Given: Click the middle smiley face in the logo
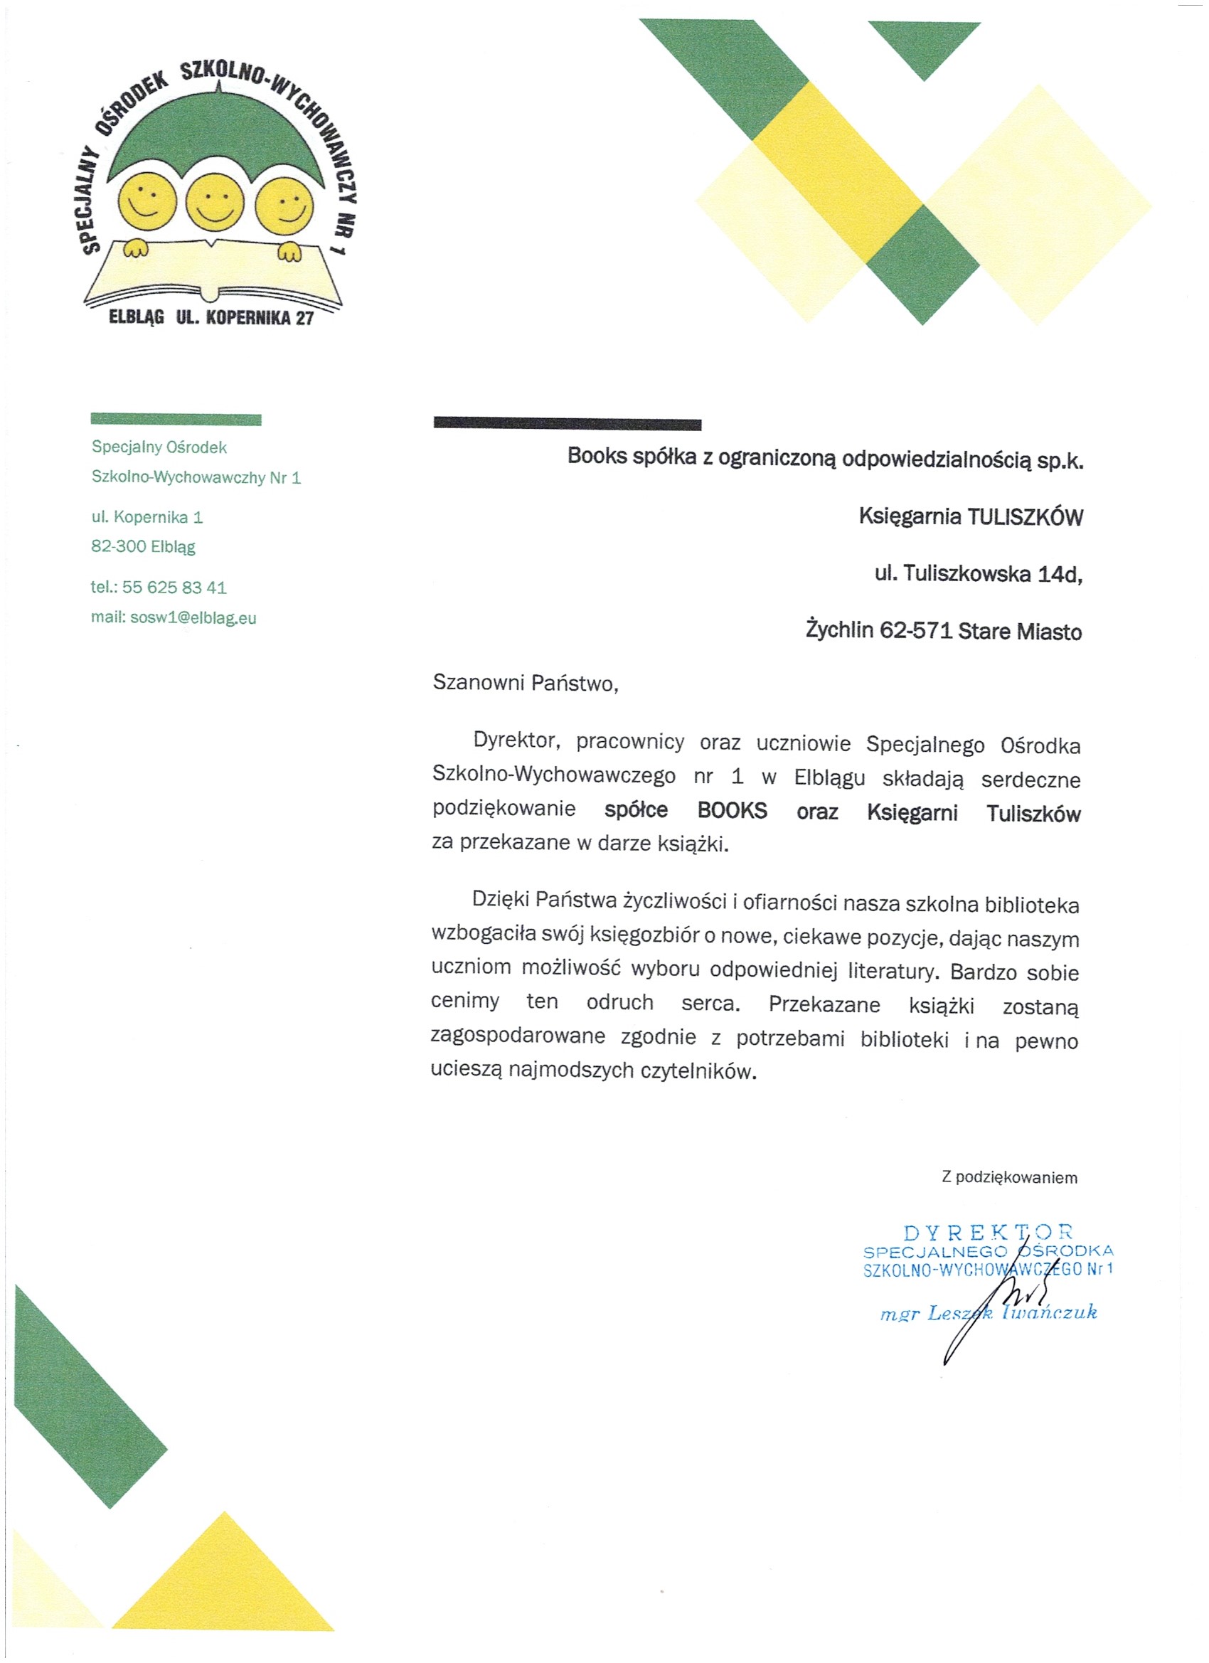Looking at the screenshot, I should click(214, 198).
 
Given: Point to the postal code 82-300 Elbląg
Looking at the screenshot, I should click(143, 546).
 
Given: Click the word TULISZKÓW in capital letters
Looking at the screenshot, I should click(1025, 518).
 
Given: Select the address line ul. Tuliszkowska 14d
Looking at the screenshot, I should click(978, 573).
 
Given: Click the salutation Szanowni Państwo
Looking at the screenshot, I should click(525, 683).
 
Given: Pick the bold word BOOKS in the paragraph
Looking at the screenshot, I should click(732, 811).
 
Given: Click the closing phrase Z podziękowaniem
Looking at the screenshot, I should click(1009, 1178).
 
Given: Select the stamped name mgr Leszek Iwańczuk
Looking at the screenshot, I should click(989, 1312).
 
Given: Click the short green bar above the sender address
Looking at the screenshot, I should click(176, 420).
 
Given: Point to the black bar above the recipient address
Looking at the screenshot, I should click(567, 424).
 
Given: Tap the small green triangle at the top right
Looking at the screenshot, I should click(924, 46).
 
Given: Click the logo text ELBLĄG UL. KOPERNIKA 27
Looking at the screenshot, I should click(211, 317).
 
